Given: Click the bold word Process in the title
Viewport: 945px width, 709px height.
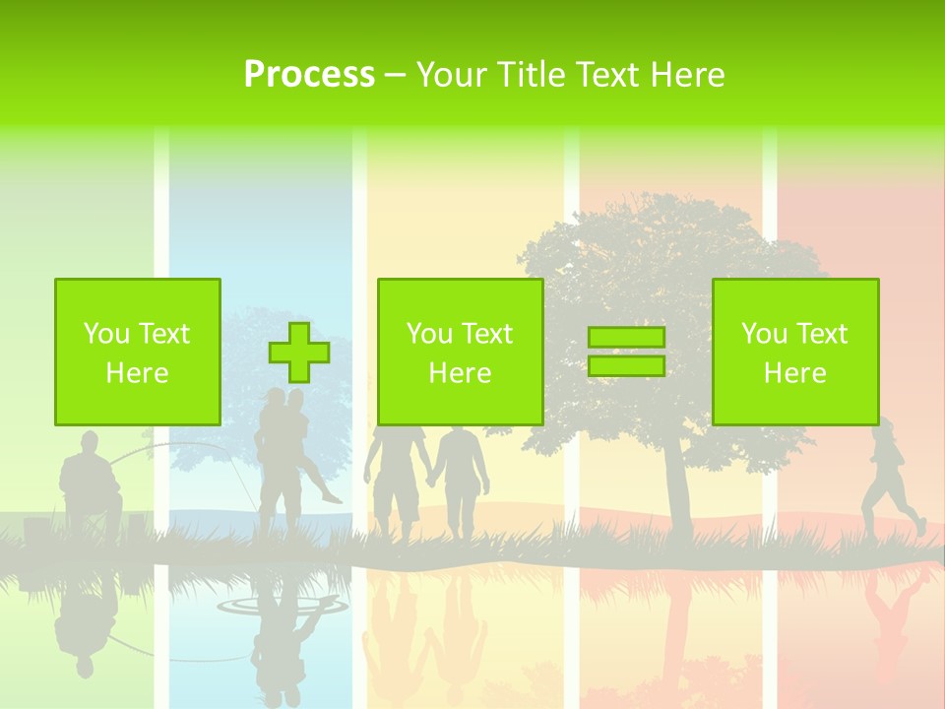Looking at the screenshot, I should pos(309,75).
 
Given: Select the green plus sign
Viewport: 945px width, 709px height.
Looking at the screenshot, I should pos(299,352).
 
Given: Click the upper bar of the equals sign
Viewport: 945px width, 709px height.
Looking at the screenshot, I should pos(626,337).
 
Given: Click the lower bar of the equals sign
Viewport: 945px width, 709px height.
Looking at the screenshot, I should pos(626,366).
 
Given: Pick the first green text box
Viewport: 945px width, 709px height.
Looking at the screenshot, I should pos(137,352).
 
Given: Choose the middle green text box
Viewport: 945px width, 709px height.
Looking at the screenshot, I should pos(460,352).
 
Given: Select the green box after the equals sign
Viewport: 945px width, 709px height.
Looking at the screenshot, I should pos(794,352).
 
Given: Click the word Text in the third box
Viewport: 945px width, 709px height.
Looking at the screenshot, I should pos(823,334).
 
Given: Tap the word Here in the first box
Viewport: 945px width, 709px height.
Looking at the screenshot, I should pos(137,373).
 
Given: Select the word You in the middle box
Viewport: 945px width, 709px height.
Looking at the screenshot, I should pos(429,334).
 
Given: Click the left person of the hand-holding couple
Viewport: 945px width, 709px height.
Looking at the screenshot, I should pos(398,478).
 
